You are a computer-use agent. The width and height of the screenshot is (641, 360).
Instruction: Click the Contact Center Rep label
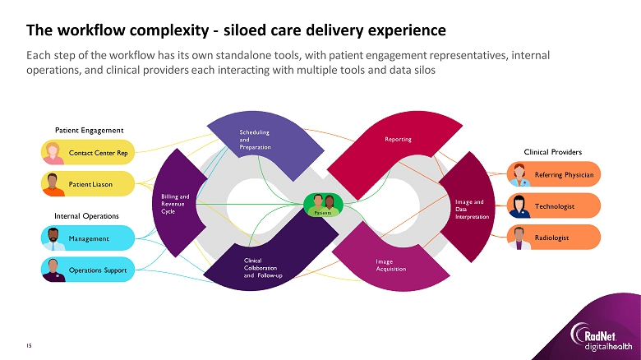click(x=99, y=153)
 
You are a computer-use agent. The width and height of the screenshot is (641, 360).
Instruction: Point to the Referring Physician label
click(x=564, y=175)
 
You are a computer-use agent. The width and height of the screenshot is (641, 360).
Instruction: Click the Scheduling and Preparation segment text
click(x=254, y=139)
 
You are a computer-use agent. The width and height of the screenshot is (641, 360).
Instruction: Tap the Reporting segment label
click(x=398, y=140)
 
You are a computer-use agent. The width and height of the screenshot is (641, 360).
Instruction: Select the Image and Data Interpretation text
click(x=472, y=209)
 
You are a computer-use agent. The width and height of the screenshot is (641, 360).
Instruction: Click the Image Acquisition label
click(x=390, y=265)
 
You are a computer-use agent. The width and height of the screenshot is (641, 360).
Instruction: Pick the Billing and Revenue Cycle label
click(x=175, y=204)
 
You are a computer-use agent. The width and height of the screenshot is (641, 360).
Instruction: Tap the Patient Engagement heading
click(x=89, y=130)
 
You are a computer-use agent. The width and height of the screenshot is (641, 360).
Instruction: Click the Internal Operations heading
click(x=87, y=215)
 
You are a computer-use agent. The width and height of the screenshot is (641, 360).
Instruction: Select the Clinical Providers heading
click(x=552, y=152)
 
